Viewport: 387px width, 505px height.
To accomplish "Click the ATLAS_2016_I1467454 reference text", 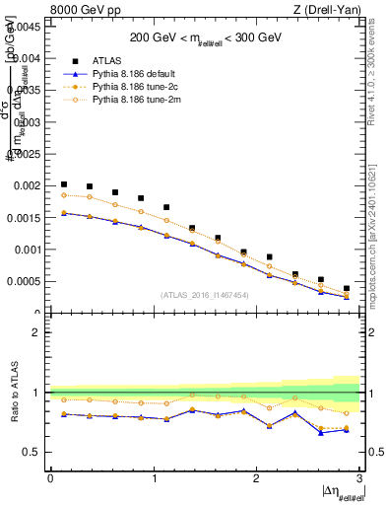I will coord(204,294).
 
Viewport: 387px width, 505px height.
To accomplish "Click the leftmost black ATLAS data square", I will coord(64,184).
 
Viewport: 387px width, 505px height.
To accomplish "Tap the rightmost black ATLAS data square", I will coord(347,288).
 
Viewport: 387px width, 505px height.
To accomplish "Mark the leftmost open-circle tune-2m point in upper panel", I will coord(64,194).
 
